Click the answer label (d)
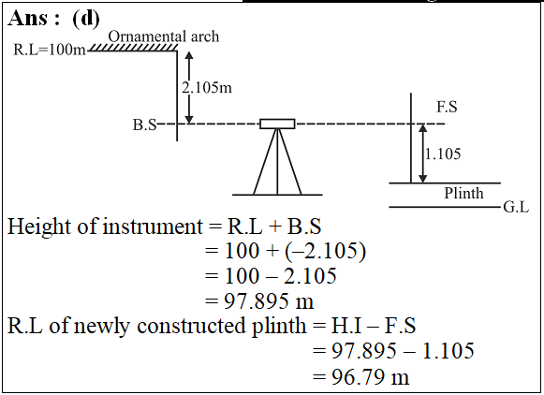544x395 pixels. (x=86, y=19)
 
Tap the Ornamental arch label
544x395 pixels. (x=164, y=37)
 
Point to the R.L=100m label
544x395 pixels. (x=50, y=50)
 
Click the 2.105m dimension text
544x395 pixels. (x=207, y=87)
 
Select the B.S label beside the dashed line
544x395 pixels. (x=145, y=124)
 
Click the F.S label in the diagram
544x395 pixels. (x=447, y=107)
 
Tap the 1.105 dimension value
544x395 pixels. (x=443, y=154)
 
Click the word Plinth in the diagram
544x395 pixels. (x=463, y=193)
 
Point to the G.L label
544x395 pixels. (x=516, y=208)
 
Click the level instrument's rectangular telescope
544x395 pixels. (x=277, y=124)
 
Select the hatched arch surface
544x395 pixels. (x=133, y=48)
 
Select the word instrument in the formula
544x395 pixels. (x=153, y=227)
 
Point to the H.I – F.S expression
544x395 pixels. (x=374, y=326)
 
